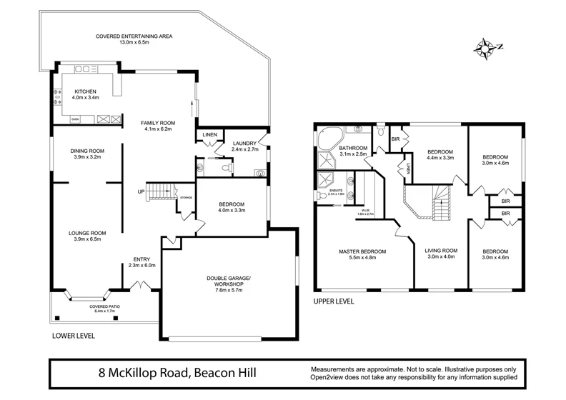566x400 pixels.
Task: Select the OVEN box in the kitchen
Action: pyautogui.click(x=74, y=119)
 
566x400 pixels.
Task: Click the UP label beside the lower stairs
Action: pyautogui.click(x=141, y=191)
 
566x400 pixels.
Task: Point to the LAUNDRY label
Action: pyautogui.click(x=245, y=144)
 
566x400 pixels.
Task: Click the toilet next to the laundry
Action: pyautogui.click(x=226, y=168)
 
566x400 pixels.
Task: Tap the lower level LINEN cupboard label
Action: pyautogui.click(x=209, y=134)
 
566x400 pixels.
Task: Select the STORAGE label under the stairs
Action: pyautogui.click(x=186, y=197)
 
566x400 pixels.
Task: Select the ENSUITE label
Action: pyautogui.click(x=336, y=190)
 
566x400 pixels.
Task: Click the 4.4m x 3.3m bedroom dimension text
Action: pyautogui.click(x=440, y=159)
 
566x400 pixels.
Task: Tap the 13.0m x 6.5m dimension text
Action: pyautogui.click(x=135, y=44)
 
